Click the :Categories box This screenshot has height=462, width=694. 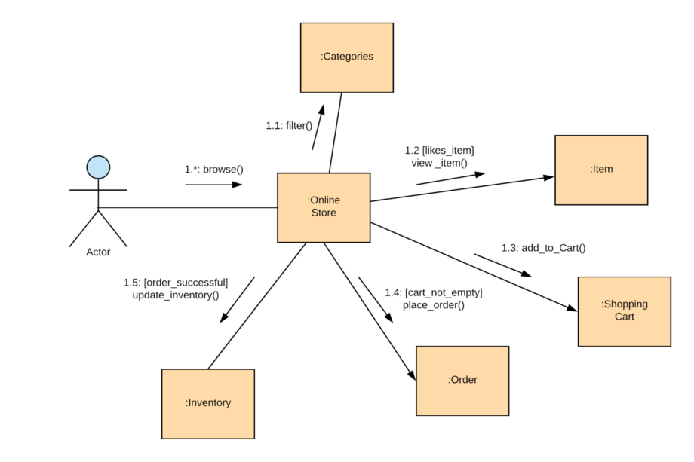[x=346, y=57]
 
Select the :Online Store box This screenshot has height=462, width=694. [x=324, y=207]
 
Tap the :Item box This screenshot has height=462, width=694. [x=600, y=170]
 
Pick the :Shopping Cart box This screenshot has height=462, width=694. [x=624, y=311]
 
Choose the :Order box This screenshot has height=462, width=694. [x=462, y=380]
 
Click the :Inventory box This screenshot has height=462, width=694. [x=208, y=403]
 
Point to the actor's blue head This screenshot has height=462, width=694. [x=98, y=167]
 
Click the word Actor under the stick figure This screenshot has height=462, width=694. [x=98, y=252]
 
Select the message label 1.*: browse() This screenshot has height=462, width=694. [x=214, y=170]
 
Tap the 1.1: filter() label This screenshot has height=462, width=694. [x=289, y=126]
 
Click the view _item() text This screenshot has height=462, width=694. [x=439, y=162]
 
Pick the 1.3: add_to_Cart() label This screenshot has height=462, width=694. [x=543, y=247]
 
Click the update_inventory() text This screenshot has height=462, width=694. [x=176, y=295]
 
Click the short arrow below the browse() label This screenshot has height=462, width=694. [x=214, y=185]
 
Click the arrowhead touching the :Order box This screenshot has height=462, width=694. [x=412, y=375]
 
